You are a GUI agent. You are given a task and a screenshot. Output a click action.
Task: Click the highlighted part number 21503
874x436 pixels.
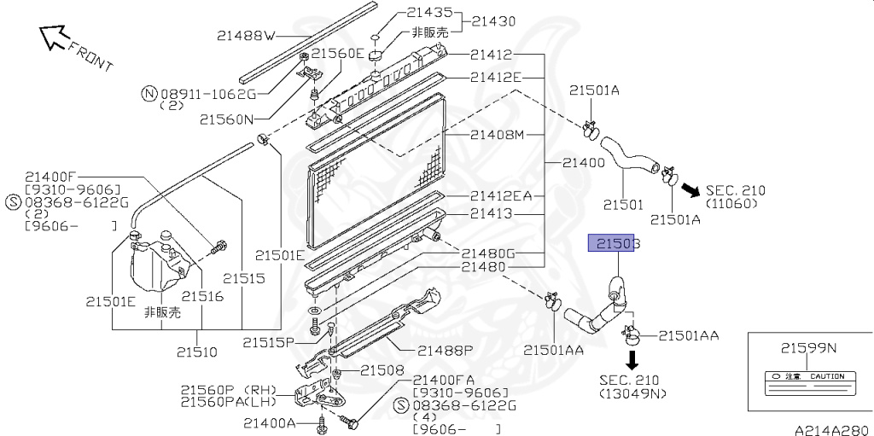click(x=614, y=243)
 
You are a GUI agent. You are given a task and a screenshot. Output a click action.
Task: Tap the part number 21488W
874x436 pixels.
click(x=246, y=36)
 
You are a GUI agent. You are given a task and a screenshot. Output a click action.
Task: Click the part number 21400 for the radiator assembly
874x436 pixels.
click(x=585, y=162)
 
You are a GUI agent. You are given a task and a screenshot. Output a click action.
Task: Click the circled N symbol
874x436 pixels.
click(x=149, y=93)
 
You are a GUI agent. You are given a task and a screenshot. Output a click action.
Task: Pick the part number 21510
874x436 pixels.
click(x=197, y=351)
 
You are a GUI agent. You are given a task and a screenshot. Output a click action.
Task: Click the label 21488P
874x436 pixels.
click(x=445, y=350)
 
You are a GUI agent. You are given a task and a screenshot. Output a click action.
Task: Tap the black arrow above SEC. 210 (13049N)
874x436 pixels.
click(x=632, y=357)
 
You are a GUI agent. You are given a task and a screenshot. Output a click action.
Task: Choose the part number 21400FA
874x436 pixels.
click(x=444, y=380)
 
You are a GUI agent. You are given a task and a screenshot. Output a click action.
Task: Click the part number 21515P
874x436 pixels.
click(x=268, y=342)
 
